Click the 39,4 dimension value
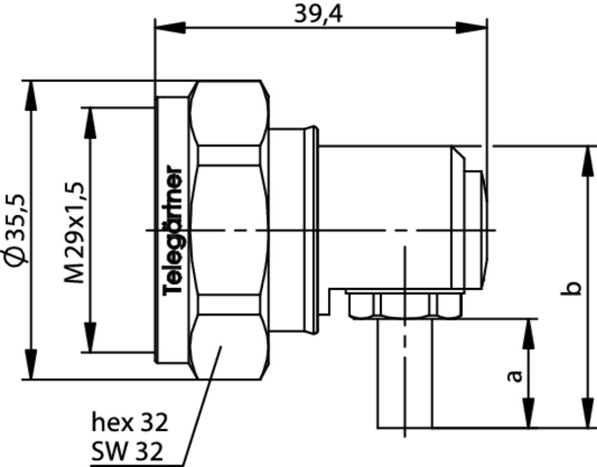318,14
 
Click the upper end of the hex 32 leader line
221,346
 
